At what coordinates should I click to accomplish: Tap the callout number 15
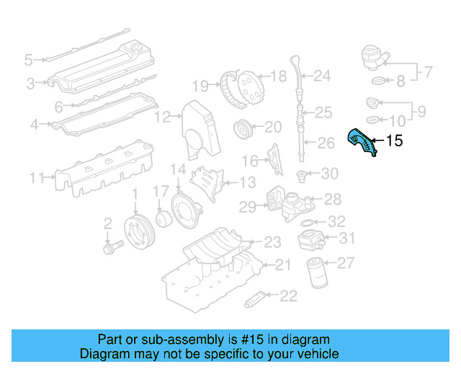point(395,141)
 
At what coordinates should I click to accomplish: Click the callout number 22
point(288,295)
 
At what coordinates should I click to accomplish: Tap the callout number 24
point(321,75)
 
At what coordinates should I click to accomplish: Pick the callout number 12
point(164,116)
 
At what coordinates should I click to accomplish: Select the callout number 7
point(427,72)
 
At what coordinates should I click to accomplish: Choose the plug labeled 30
point(303,174)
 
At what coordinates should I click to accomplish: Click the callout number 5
point(29,59)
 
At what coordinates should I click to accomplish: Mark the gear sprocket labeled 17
point(161,217)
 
